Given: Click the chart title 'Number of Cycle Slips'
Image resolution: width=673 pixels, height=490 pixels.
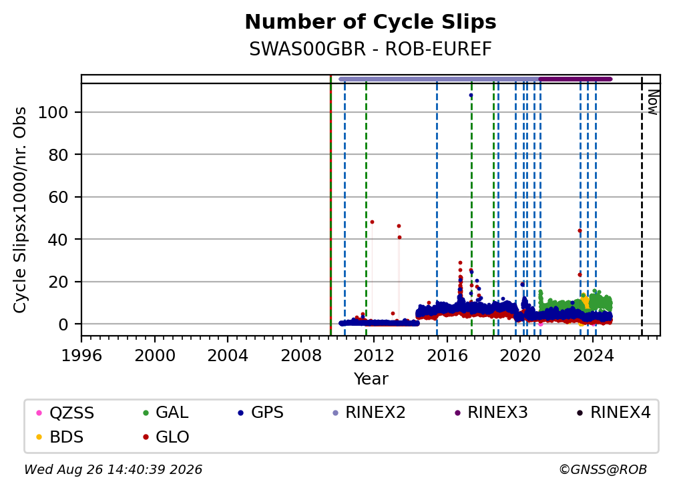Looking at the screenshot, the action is [x=371, y=22].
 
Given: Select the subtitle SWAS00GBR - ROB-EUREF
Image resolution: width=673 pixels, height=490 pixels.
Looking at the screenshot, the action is [x=371, y=49].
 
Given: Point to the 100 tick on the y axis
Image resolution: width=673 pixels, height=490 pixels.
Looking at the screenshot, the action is [x=53, y=112].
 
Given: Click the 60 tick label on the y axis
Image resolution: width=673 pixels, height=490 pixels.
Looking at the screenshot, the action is [x=58, y=198].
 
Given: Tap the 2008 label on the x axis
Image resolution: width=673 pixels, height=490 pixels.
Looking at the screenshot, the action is [x=301, y=356].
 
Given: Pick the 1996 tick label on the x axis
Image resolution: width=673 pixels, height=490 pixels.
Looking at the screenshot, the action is [x=81, y=356].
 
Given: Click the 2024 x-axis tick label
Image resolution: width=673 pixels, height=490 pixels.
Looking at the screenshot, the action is [x=593, y=356].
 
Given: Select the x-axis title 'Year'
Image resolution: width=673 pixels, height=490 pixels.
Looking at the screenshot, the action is [x=371, y=379].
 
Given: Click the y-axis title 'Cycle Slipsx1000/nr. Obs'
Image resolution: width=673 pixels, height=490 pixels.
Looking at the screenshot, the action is [x=20, y=210].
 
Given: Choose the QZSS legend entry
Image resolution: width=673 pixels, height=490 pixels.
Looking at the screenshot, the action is [x=65, y=413].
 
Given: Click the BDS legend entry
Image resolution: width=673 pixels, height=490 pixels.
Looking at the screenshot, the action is [x=59, y=437].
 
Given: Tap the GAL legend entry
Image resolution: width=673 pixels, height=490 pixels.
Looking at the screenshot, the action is [x=166, y=413].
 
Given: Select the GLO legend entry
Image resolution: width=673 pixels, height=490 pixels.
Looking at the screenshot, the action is [x=166, y=437].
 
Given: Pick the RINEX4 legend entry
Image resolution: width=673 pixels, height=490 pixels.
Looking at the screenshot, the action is [x=614, y=413].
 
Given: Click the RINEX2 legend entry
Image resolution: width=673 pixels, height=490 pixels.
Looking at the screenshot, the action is [x=369, y=413].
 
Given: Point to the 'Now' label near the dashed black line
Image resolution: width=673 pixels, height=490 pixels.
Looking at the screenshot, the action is [x=652, y=102].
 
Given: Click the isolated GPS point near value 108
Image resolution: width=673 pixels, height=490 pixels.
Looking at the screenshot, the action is [x=471, y=95].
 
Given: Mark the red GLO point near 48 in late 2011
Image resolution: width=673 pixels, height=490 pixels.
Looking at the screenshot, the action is [x=372, y=222].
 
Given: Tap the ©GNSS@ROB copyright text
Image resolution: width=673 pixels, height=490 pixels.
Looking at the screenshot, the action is [x=603, y=469].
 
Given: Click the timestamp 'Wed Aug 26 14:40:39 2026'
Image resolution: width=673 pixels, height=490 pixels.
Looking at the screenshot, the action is [x=114, y=469].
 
